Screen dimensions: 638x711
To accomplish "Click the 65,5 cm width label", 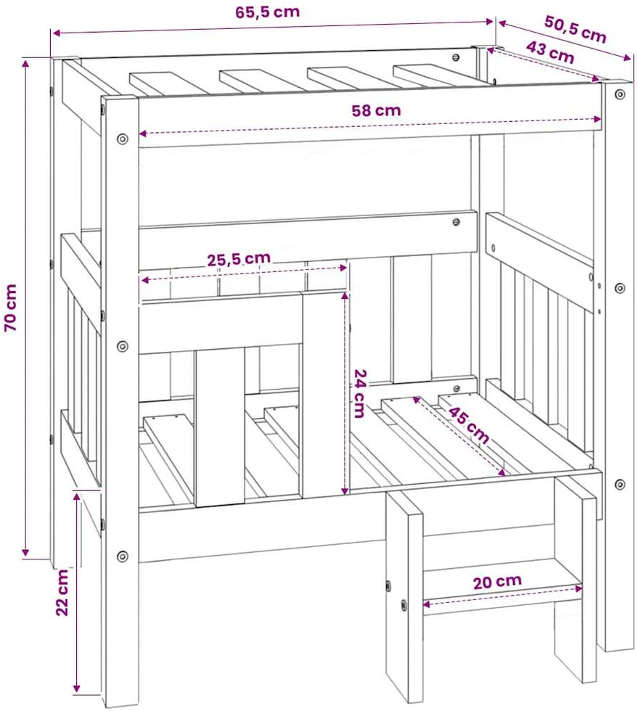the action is tap(267, 12).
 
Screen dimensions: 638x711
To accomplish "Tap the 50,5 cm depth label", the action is tap(576, 29).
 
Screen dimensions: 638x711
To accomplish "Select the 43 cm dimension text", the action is tap(550, 52).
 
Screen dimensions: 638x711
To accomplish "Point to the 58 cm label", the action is tap(376, 110).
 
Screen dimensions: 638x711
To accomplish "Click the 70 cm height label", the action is tap(10, 308).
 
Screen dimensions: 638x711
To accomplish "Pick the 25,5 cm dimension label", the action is tap(239, 259).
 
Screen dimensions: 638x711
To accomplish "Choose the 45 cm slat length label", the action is tap(469, 425).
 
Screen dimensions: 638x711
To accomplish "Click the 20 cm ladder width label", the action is tap(497, 582).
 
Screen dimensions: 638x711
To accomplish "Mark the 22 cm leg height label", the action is tap(62, 592).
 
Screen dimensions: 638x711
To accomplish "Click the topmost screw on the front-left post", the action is tap(122, 139).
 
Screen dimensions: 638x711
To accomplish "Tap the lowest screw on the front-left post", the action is tap(122, 556).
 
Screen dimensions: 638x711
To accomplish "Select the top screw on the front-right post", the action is tap(620, 94).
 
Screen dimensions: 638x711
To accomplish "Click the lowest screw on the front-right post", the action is tap(620, 485).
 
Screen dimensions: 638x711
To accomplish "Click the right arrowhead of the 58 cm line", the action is tap(597, 119).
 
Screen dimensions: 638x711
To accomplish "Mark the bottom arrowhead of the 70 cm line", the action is tap(25, 552).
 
